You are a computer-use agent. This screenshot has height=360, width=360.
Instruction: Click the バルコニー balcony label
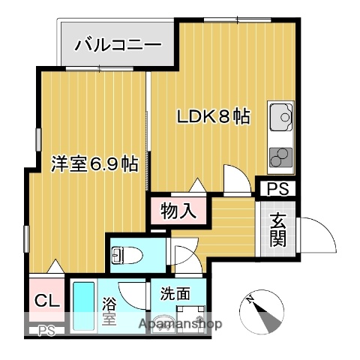118,45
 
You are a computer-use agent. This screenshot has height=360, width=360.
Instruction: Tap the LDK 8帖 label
212,118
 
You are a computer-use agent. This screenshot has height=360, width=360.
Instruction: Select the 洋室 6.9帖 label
94,164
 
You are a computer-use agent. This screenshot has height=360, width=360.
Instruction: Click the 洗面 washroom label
174,295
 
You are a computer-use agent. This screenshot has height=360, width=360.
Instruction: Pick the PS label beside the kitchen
277,189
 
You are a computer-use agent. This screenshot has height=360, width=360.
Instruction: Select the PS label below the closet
46,329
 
